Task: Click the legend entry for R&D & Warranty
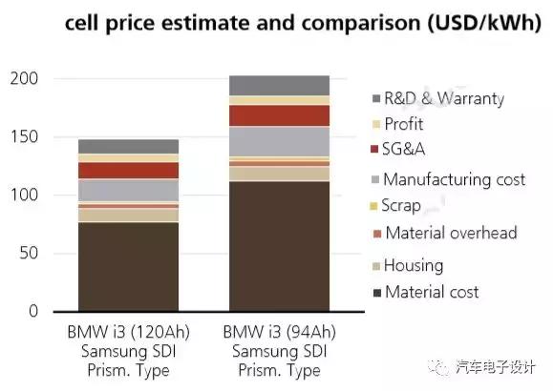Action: (443, 98)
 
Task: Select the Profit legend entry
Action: (403, 124)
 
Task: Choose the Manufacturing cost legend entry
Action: (454, 178)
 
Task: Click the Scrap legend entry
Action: (401, 205)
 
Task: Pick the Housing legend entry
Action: (413, 265)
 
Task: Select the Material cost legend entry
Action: (432, 292)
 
